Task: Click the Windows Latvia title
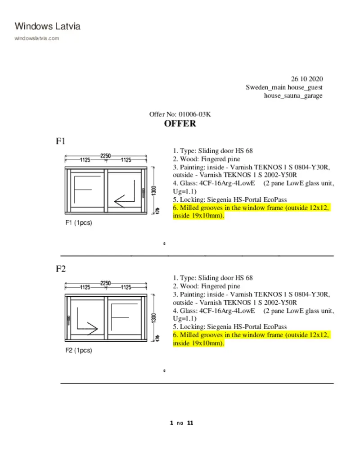point(48,26)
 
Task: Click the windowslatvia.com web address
point(37,38)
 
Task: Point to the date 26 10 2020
point(307,79)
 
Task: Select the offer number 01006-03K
point(194,114)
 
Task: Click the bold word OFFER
point(180,124)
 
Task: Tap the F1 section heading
point(61,141)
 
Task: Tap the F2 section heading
point(61,269)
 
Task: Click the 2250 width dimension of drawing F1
point(105,156)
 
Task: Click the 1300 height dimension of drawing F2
point(153,318)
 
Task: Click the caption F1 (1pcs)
point(79,222)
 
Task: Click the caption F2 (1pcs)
point(79,350)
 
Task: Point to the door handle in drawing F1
point(144,193)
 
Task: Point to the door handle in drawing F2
point(68,320)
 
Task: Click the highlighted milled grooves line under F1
point(251,212)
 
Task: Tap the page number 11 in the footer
point(190,423)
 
